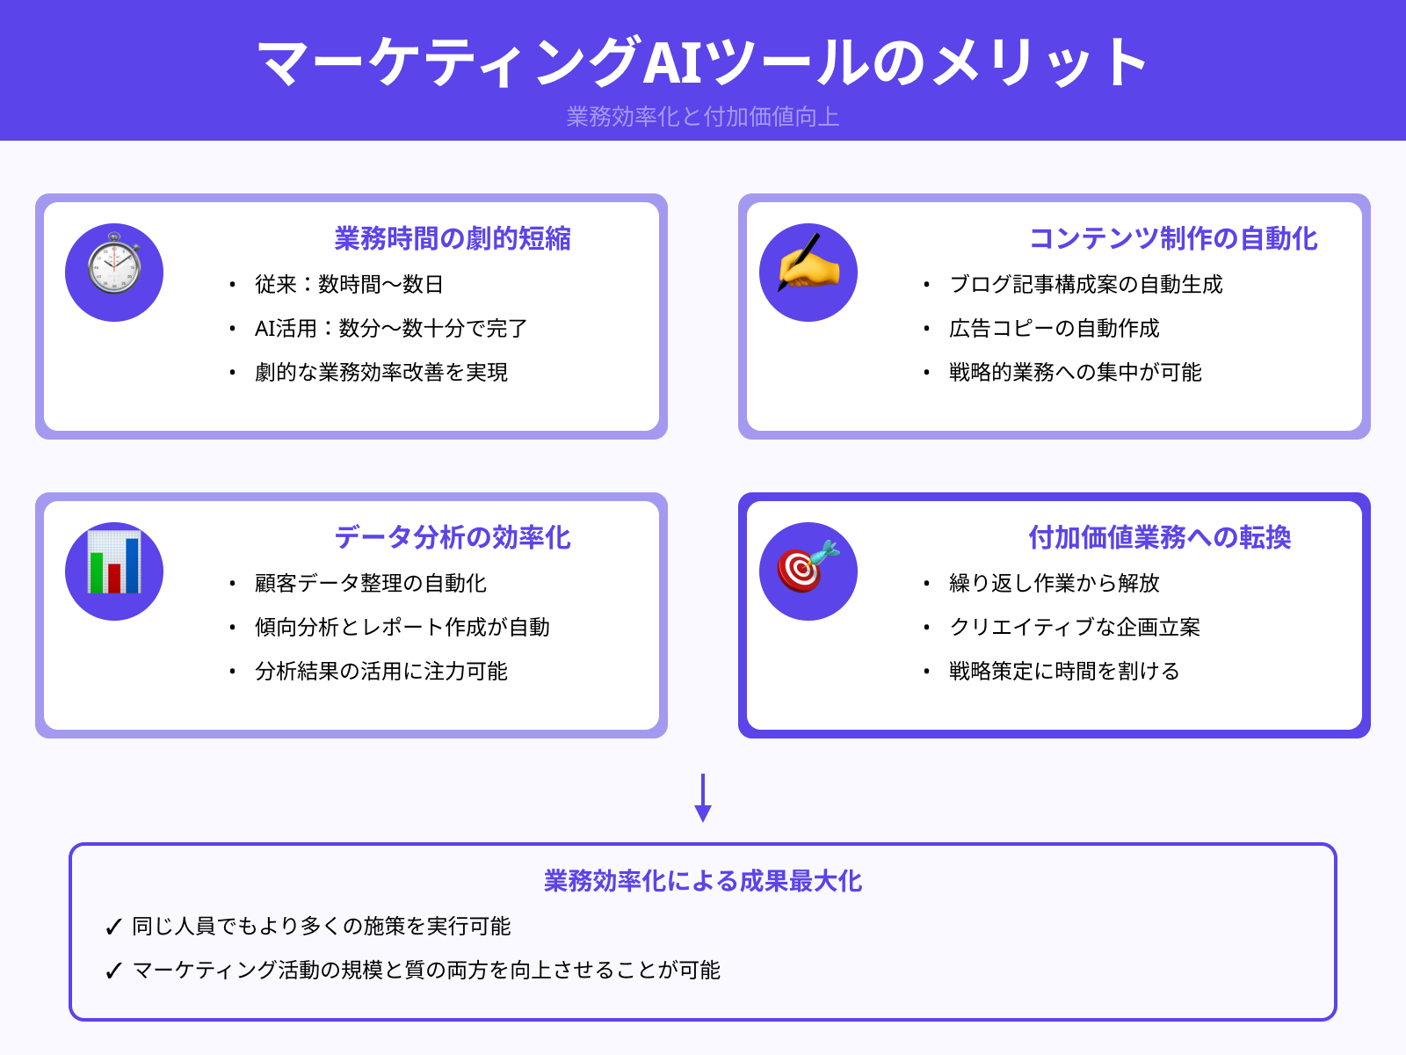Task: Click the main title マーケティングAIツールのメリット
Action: [x=703, y=62]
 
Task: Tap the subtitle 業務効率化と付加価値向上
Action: [x=703, y=117]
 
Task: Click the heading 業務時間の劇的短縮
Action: [x=453, y=238]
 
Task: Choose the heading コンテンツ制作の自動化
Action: [x=1173, y=238]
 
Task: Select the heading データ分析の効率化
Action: [x=453, y=537]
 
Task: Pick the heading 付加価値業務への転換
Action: [x=1160, y=537]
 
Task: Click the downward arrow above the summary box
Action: [x=703, y=798]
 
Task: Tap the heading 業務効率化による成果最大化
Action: [x=703, y=881]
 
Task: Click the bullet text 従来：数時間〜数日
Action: [x=349, y=285]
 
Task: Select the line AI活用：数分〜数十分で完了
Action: [x=391, y=329]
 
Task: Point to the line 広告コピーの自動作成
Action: [x=1054, y=329]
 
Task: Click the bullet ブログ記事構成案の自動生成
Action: [x=1086, y=285]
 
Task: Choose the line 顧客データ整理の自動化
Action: [x=371, y=584]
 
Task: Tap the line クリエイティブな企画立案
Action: [x=1075, y=628]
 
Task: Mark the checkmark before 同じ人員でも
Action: [x=113, y=928]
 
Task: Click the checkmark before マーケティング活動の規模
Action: [x=113, y=971]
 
